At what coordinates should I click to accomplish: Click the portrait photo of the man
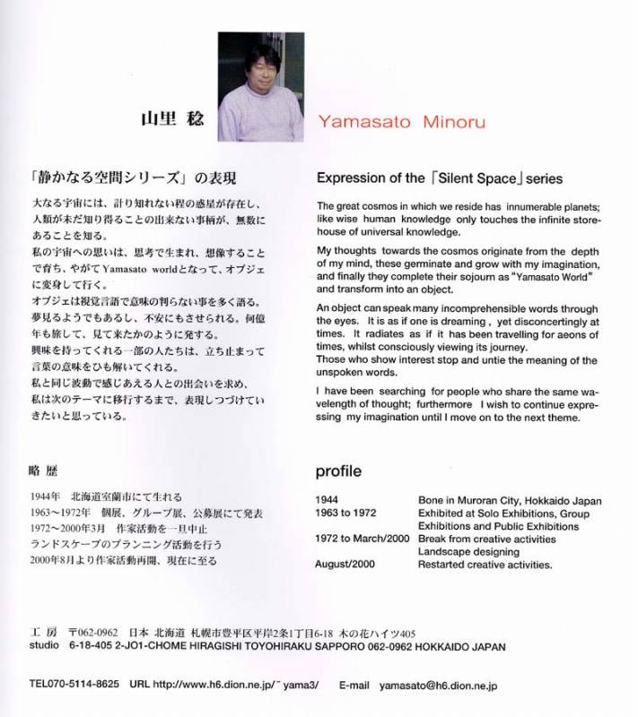(261, 84)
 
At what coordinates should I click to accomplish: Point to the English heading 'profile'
(338, 470)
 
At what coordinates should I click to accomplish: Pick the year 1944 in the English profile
(327, 500)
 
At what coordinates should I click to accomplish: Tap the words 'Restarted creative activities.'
(485, 565)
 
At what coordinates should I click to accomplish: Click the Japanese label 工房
(42, 633)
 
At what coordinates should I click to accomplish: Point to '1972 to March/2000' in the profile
(362, 539)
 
